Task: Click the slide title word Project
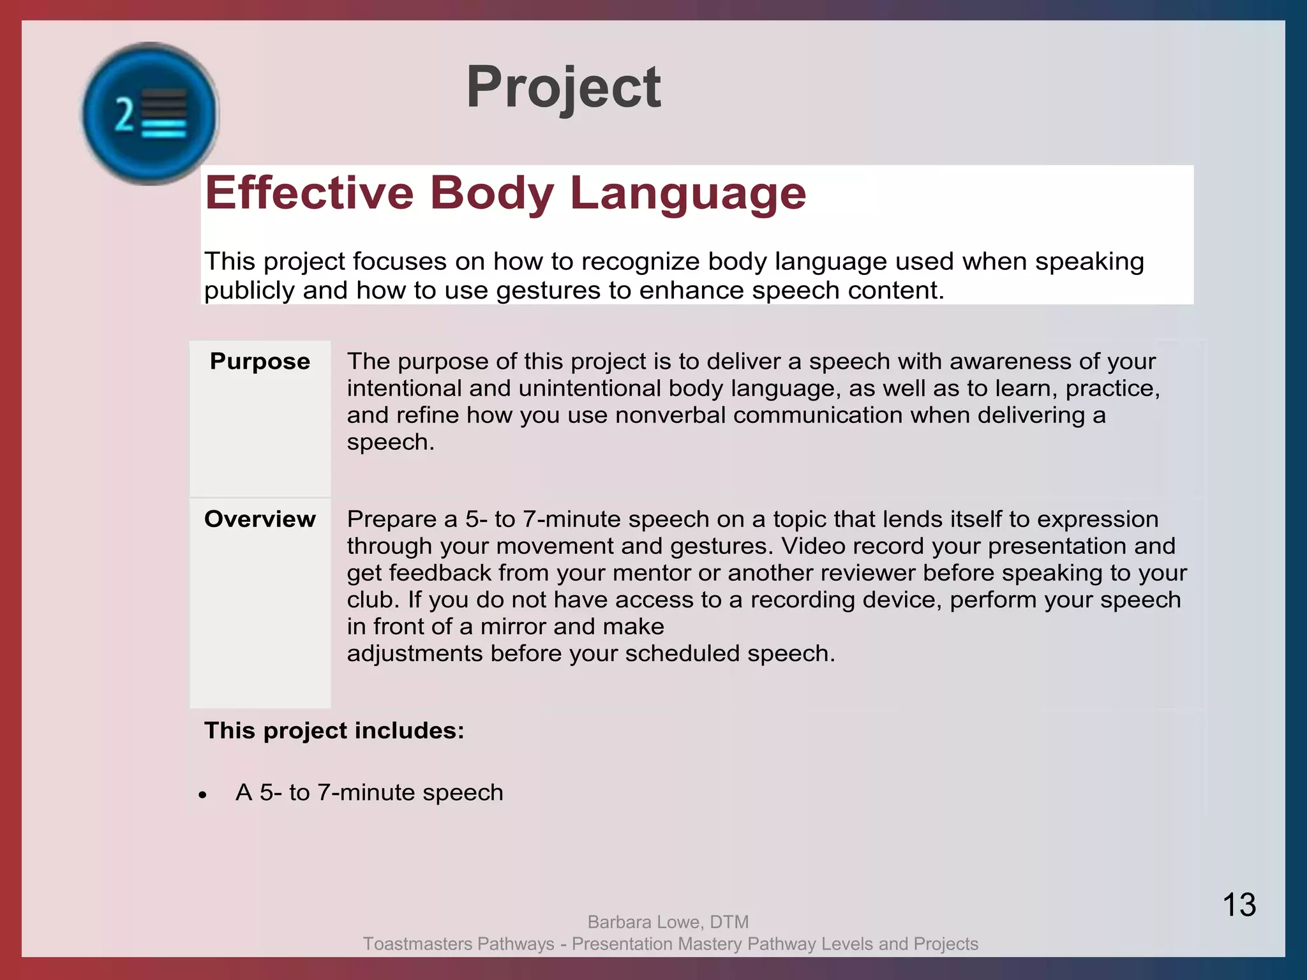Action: (563, 88)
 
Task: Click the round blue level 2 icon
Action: (151, 114)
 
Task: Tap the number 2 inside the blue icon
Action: (124, 115)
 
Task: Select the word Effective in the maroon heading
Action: (310, 193)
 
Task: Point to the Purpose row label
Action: (260, 361)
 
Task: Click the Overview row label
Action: (260, 519)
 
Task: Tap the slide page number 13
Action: (1239, 905)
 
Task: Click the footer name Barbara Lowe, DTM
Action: (668, 922)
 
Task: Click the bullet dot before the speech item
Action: (202, 795)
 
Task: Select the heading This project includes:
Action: (334, 731)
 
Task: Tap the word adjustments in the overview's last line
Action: (414, 654)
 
